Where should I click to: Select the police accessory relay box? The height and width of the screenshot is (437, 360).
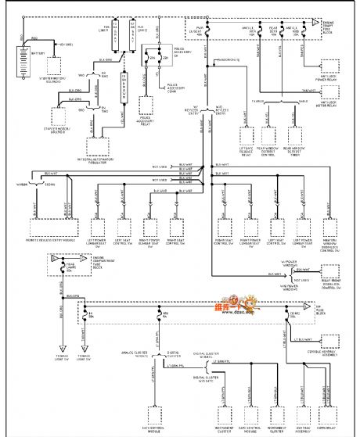[x=145, y=106]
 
